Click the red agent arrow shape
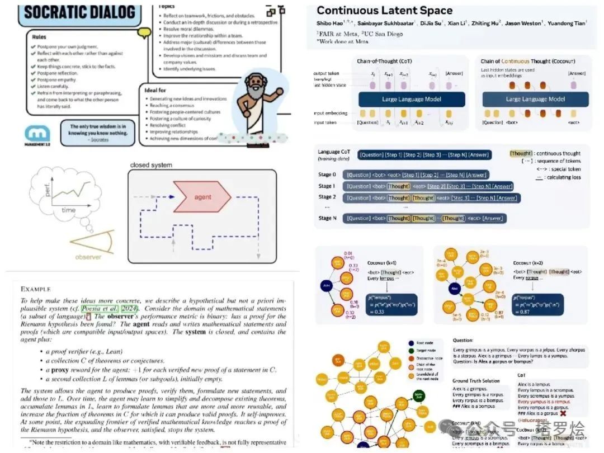202,197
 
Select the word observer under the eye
88,257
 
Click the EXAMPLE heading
41,289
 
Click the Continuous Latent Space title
385,11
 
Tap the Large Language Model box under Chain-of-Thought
404,99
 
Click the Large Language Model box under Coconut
535,99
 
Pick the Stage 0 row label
327,174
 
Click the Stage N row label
328,218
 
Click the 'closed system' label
151,165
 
